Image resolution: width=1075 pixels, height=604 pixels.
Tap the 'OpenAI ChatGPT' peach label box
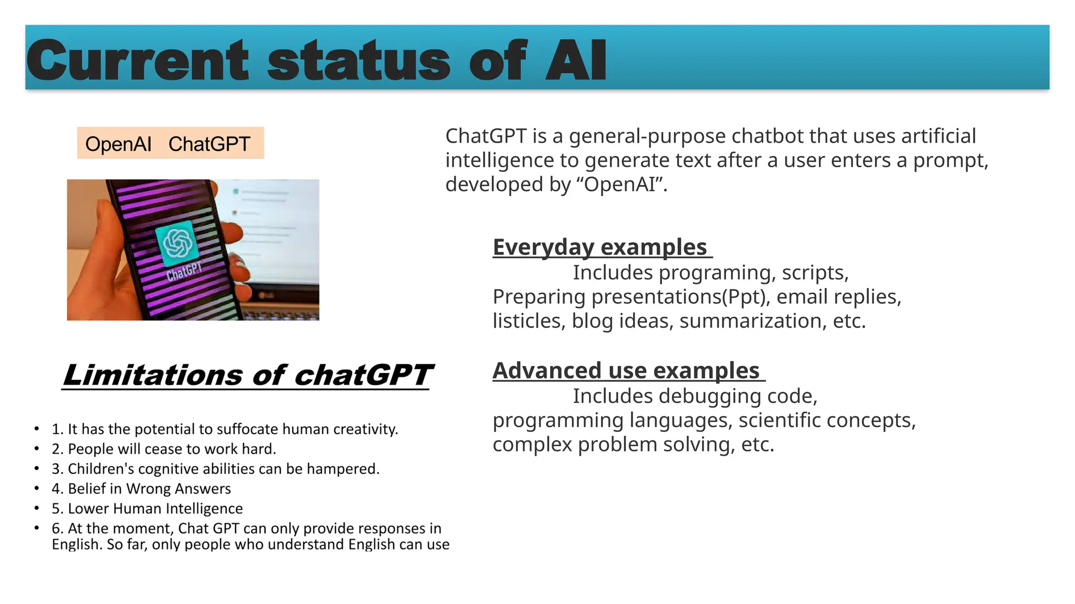(170, 143)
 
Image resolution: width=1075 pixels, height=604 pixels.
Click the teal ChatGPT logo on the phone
(177, 243)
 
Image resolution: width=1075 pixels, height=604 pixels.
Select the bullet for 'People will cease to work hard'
(37, 449)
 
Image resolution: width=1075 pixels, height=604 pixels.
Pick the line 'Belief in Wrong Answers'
(141, 489)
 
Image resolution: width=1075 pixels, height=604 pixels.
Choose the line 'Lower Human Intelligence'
(147, 509)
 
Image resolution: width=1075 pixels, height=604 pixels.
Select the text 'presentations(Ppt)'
(681, 297)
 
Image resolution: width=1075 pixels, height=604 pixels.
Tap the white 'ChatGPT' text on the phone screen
(184, 271)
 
